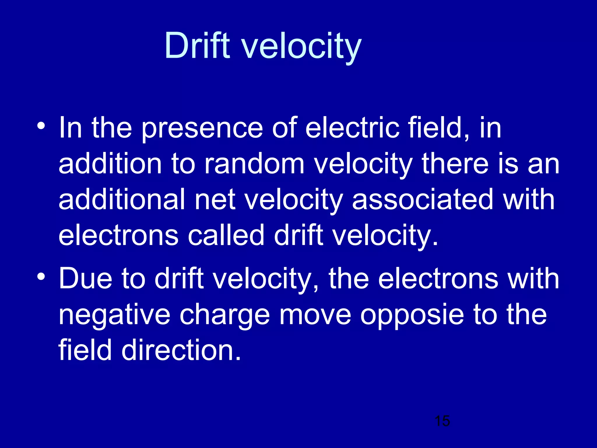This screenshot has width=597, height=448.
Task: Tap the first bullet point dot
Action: coord(41,126)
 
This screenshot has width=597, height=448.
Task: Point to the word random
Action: coord(254,164)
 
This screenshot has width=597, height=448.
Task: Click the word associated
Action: coord(422,199)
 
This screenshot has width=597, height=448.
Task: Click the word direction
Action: coord(181,350)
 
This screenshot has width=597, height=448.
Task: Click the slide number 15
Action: coord(442,421)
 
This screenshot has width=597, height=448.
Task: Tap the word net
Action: coord(215,200)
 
